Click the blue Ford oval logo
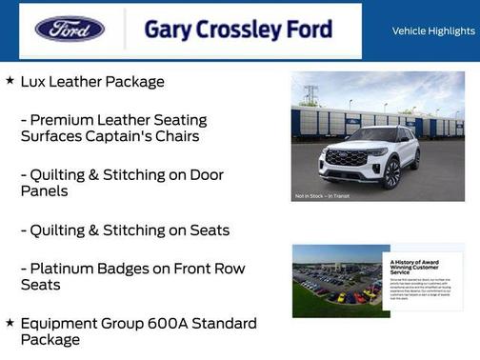pos(70,29)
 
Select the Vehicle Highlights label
pos(433,31)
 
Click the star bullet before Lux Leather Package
pos(10,81)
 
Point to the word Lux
pos(35,82)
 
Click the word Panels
pos(44,190)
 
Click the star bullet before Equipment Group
pos(10,323)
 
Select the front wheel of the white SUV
pos(391,174)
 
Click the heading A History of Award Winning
pos(416,265)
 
